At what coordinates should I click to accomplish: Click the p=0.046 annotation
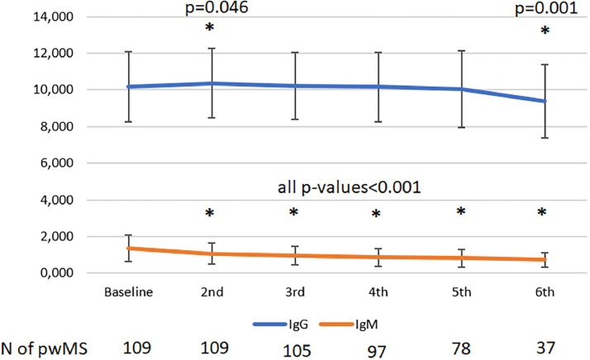211,7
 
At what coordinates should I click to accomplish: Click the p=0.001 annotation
543,7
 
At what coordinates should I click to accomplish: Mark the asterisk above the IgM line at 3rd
293,214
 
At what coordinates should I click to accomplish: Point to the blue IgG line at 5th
459,89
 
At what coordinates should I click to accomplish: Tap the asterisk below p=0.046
211,29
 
